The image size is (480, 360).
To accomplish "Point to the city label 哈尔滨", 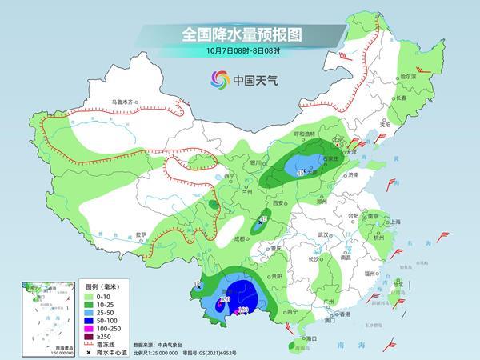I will [x=408, y=76].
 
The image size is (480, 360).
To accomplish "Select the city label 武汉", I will [x=323, y=234].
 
